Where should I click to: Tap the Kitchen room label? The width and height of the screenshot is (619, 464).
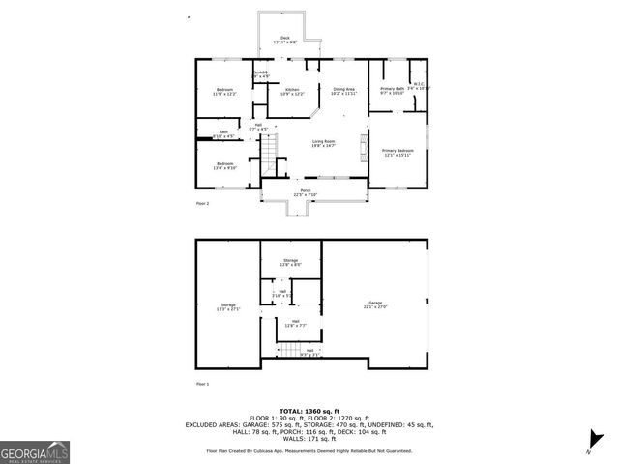(294, 91)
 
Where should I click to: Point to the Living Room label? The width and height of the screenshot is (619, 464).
(323, 143)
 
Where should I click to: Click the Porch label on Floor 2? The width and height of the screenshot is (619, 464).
(305, 191)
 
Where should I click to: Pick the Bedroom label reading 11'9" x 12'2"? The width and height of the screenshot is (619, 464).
(224, 91)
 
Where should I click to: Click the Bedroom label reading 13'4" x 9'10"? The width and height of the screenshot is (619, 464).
(224, 165)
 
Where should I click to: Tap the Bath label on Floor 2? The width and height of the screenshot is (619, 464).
(223, 133)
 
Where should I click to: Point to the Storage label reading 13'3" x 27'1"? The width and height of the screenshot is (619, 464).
(227, 305)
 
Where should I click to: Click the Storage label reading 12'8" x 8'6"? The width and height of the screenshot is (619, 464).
(290, 262)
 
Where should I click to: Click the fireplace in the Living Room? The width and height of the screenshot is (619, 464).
(364, 146)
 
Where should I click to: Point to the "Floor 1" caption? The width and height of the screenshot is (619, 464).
(202, 384)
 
